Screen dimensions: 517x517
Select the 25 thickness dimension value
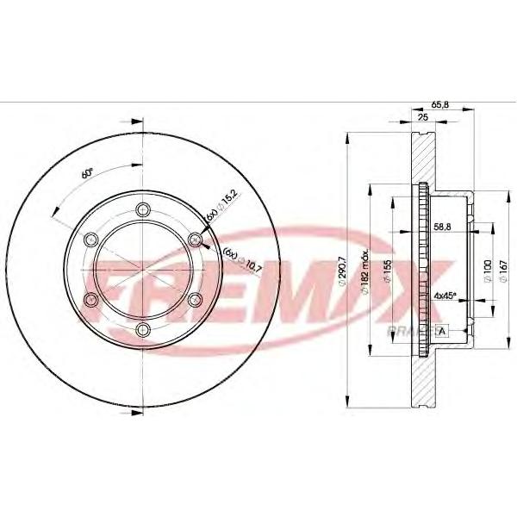point(423,115)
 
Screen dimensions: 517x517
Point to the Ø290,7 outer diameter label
point(342,270)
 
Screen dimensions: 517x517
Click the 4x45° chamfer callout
point(445,296)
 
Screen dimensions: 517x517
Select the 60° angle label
point(87,172)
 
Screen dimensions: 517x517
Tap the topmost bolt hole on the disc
point(143,207)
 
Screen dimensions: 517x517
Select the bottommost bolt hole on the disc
point(143,330)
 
